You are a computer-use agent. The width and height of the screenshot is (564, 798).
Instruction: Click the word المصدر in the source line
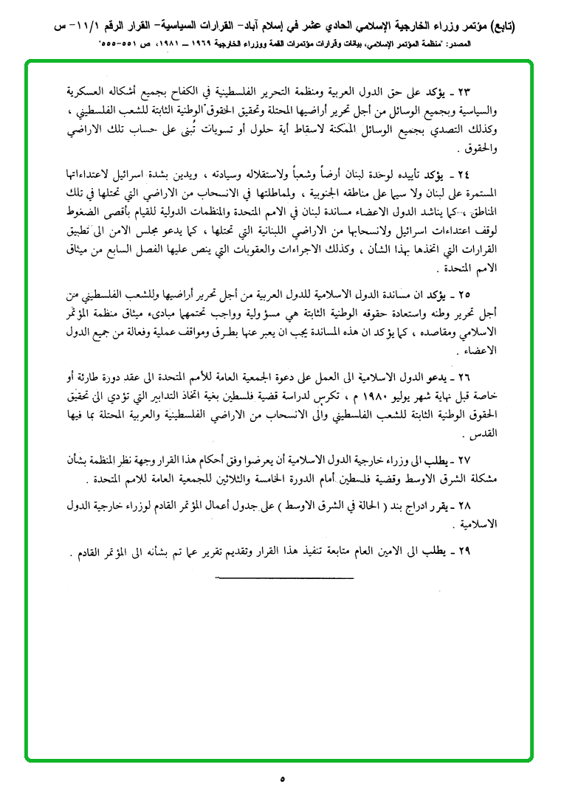(495, 45)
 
